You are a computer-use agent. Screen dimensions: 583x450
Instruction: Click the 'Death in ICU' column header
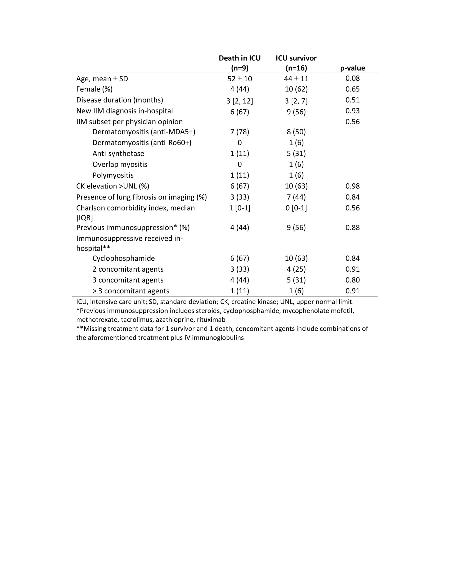pos(239,63)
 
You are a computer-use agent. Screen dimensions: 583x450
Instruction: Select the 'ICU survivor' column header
pos(296,63)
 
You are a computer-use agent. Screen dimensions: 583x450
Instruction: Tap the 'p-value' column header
pos(352,68)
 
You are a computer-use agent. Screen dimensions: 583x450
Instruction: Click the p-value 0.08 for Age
pos(352,78)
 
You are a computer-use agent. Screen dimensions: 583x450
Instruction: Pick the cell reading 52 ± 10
pos(239,79)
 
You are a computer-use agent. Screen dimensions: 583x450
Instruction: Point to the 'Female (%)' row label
pos(94,89)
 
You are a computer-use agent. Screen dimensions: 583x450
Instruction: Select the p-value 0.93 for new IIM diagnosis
pos(352,111)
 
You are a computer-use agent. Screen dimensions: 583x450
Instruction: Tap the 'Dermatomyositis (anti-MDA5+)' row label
pos(144,132)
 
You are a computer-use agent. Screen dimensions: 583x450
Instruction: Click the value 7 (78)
pos(239,132)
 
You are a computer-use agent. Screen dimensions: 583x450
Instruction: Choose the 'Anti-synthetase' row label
pos(118,153)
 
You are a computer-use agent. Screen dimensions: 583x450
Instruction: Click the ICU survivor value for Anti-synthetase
pos(296,153)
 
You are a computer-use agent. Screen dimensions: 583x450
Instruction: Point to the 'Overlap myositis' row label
pos(120,165)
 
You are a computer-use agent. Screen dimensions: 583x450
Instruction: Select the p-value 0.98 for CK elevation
pos(352,186)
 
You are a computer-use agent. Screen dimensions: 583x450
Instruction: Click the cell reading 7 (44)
pos(296,197)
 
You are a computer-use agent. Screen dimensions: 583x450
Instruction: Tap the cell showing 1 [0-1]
pos(239,208)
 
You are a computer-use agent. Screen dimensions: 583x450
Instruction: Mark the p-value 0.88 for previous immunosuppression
pos(352,227)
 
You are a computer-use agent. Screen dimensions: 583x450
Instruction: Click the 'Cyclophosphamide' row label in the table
pos(123,258)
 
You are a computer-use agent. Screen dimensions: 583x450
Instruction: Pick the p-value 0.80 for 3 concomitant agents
pos(352,280)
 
